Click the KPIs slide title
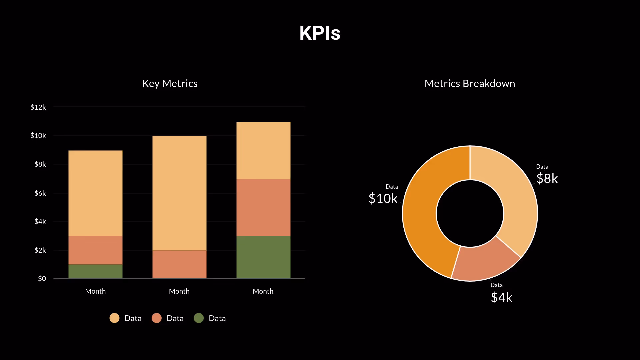320,33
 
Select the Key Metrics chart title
170,83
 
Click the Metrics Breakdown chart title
470,83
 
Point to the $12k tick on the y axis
38,107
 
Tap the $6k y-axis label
40,193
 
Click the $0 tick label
42,278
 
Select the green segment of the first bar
95,271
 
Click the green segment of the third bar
263,257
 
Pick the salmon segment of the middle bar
179,264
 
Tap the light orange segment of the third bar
263,150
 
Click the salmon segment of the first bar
95,250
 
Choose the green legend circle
199,318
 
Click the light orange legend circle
114,318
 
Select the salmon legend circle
157,318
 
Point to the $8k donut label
547,179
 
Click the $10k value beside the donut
383,199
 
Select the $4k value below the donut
501,297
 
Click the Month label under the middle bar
179,291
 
